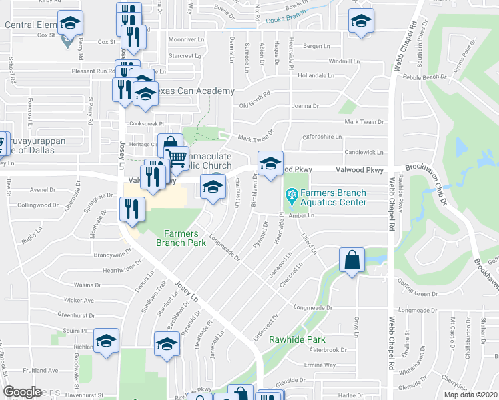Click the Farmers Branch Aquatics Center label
333,198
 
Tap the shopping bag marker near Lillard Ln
352,260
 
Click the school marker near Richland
107,341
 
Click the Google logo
22,392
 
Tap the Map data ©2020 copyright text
470,395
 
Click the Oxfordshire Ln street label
322,137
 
